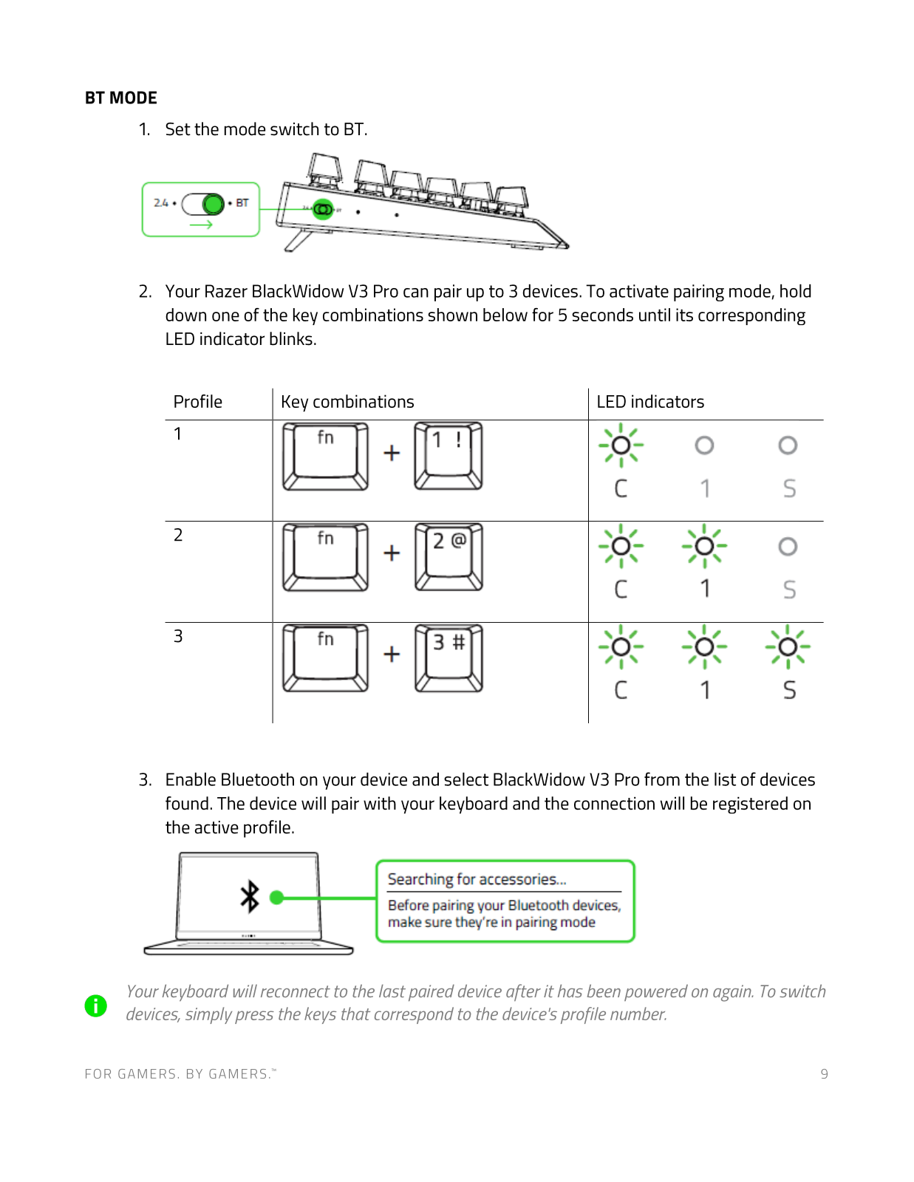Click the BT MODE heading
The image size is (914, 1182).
pyautogui.click(x=120, y=98)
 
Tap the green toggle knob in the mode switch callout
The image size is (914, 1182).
pyautogui.click(x=213, y=203)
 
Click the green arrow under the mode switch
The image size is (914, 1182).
pyautogui.click(x=201, y=224)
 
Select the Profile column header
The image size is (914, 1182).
pyautogui.click(x=197, y=402)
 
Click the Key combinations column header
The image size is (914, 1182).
pyautogui.click(x=347, y=402)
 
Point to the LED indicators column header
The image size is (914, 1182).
pyautogui.click(x=650, y=402)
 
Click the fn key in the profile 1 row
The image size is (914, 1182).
pyautogui.click(x=325, y=456)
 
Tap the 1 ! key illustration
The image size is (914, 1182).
pyautogui.click(x=449, y=455)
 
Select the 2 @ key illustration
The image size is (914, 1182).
pyautogui.click(x=449, y=556)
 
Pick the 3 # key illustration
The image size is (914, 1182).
pyautogui.click(x=449, y=657)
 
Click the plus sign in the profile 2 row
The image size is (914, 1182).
pyautogui.click(x=392, y=553)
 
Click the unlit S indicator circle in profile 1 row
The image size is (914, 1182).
pyautogui.click(x=788, y=445)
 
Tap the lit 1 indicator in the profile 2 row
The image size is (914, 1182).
pyautogui.click(x=704, y=546)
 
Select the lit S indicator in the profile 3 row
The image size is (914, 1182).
pyautogui.click(x=788, y=647)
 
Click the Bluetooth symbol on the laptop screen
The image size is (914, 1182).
pyautogui.click(x=250, y=896)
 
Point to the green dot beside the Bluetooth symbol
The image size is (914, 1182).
pyautogui.click(x=277, y=898)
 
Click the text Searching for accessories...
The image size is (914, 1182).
pyautogui.click(x=477, y=879)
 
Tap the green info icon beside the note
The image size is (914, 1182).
pyautogui.click(x=96, y=1005)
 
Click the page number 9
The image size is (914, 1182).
pyautogui.click(x=824, y=1074)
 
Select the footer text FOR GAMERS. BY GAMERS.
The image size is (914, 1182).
pyautogui.click(x=180, y=1074)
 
